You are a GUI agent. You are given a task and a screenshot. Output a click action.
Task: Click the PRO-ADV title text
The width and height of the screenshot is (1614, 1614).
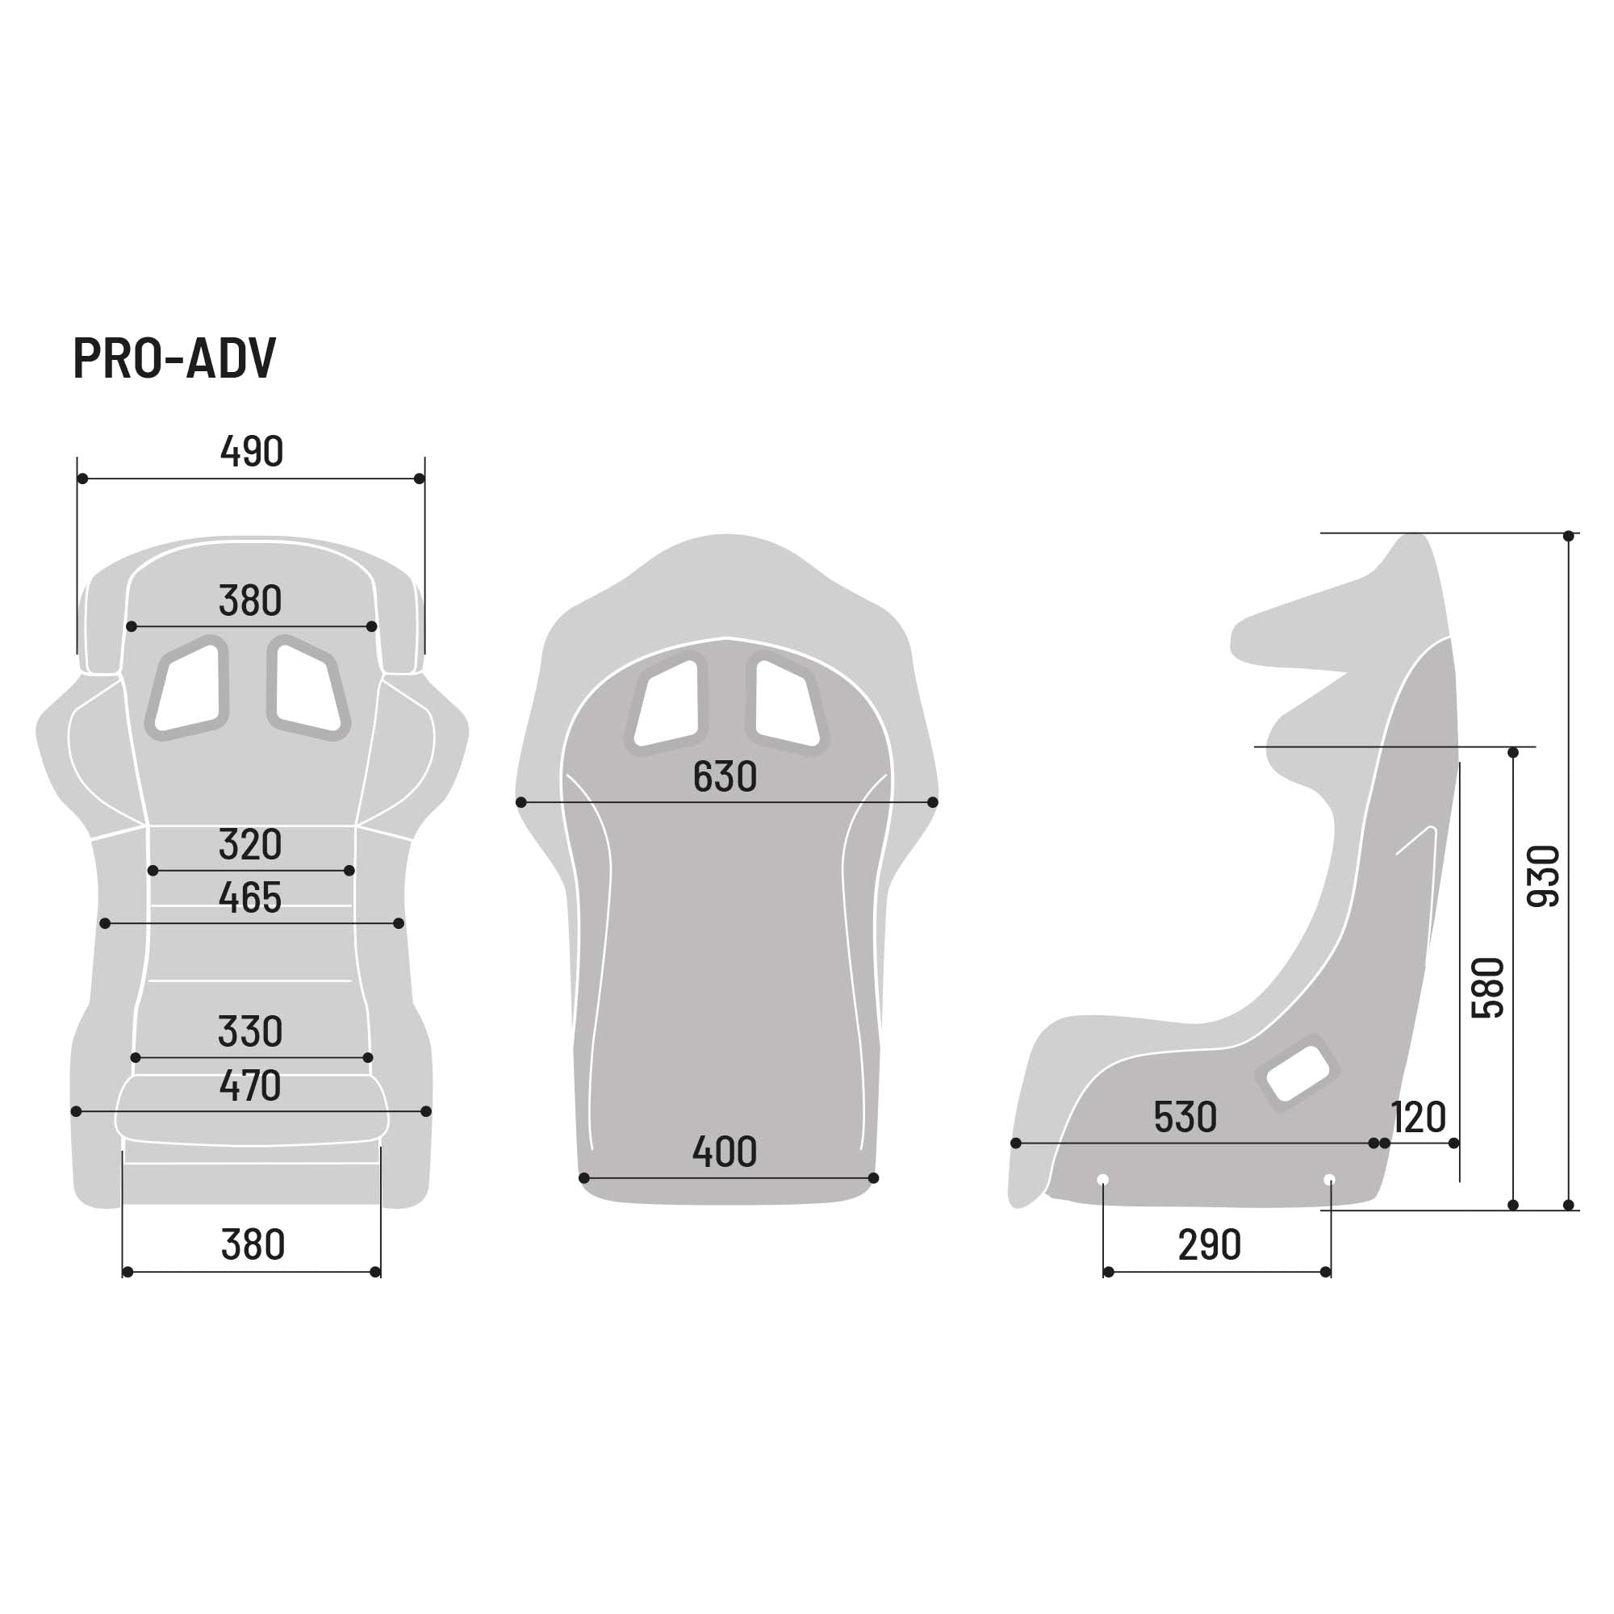pos(174,358)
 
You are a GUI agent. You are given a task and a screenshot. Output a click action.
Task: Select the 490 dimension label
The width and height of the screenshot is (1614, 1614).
pos(252,452)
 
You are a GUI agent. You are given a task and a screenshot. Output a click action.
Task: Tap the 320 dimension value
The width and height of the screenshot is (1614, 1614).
pos(250,845)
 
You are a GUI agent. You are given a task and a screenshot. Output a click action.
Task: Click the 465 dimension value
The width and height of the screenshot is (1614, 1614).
pos(250,898)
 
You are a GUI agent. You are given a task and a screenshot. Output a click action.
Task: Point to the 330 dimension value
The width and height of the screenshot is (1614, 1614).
pos(250,1031)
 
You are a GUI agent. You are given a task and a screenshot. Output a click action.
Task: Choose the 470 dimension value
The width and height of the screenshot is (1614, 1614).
pos(250,1085)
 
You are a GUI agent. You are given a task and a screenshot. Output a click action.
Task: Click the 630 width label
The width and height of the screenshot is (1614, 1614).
pos(725,777)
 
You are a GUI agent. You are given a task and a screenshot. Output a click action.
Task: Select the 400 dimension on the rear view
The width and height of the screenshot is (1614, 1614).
pos(725,1152)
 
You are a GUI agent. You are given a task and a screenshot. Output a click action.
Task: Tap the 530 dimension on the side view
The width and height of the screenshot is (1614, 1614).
pos(1185,1117)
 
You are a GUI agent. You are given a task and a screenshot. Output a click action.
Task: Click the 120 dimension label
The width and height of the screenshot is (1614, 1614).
pos(1419,1117)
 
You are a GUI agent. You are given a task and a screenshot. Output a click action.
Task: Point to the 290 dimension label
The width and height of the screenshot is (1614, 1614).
pos(1209,1245)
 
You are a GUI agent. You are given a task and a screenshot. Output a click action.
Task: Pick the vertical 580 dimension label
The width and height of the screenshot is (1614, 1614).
pos(1488,988)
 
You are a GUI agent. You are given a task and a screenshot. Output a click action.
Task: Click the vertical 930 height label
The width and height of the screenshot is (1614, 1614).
pos(1543,876)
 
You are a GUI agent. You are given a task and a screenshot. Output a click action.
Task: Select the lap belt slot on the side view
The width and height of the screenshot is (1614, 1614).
pos(1297,1073)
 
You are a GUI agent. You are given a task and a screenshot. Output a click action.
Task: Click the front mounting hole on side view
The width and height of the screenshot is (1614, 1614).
pos(1102,1180)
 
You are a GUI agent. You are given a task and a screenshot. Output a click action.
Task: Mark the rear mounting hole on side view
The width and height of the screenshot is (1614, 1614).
pos(1330,1180)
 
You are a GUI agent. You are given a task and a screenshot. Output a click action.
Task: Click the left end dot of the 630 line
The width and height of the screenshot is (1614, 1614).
pos(521,802)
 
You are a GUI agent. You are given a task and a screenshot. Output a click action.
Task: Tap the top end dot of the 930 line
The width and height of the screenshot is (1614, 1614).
pos(1568,536)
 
